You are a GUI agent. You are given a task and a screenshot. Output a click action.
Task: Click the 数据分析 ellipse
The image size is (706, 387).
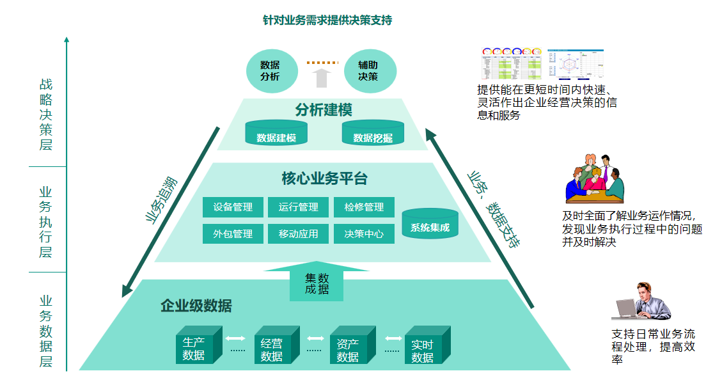click(x=270, y=70)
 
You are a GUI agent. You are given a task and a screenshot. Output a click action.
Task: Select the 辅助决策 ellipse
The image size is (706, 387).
click(x=368, y=70)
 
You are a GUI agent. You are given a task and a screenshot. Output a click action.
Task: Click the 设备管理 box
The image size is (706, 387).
click(x=233, y=207)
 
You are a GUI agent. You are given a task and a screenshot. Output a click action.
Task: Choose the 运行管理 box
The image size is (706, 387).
click(x=298, y=207)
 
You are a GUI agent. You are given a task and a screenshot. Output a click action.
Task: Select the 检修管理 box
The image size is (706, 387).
click(x=364, y=207)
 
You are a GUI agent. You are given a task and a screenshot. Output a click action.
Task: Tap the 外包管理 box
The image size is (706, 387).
click(x=233, y=234)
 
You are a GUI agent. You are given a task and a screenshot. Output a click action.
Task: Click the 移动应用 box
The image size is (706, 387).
click(x=298, y=234)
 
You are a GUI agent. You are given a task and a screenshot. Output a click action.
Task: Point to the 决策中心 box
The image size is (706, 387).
click(x=364, y=234)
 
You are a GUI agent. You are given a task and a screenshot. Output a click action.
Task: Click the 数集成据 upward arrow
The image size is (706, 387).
click(x=317, y=281)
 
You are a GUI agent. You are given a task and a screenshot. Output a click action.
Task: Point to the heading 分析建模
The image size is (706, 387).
click(x=324, y=109)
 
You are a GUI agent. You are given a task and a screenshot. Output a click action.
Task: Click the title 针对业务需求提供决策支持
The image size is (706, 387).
click(x=327, y=20)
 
